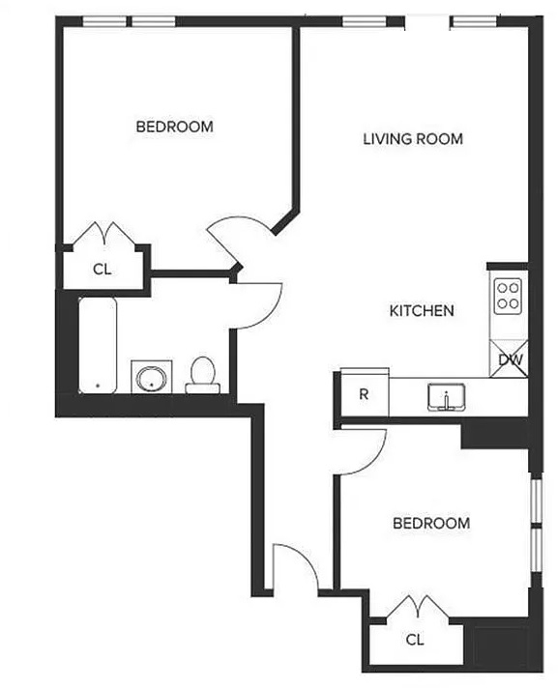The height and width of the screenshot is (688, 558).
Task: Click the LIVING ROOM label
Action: click(x=413, y=139)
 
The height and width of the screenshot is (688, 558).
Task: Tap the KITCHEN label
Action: click(x=422, y=311)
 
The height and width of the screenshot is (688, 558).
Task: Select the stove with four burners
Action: click(x=508, y=297)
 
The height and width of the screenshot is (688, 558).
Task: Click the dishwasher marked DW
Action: click(x=509, y=358)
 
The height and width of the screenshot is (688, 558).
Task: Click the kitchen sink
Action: click(x=447, y=397)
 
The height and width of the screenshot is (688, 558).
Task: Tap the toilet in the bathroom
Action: click(x=202, y=376)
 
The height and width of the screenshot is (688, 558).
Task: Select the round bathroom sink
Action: click(x=152, y=377)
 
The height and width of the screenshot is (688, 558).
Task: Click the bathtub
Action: click(x=98, y=345)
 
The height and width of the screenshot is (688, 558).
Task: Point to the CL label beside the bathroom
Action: click(x=103, y=269)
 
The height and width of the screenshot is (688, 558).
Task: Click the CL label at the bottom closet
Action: click(x=415, y=640)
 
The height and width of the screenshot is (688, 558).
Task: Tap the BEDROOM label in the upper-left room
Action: click(x=175, y=127)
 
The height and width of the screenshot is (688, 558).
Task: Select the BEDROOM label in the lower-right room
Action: click(x=431, y=523)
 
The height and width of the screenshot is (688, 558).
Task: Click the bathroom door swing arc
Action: click(x=271, y=313)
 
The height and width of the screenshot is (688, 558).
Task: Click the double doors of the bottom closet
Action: click(x=418, y=607)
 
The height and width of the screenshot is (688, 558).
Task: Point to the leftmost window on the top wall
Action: click(x=104, y=21)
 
